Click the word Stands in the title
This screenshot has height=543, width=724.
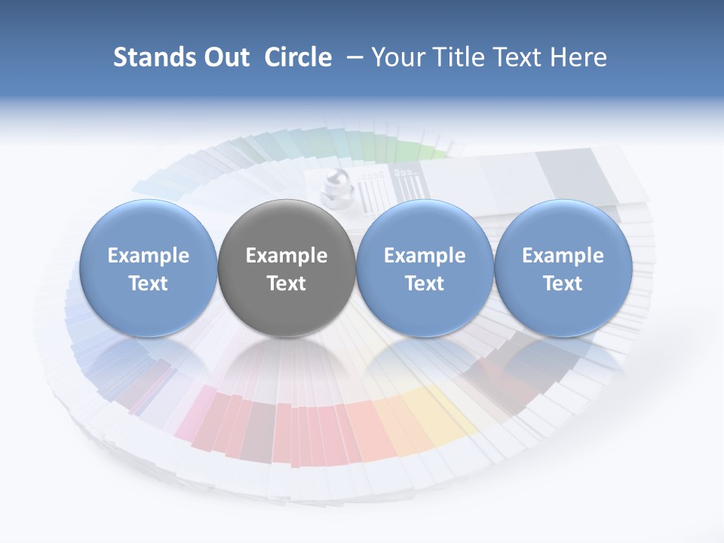(x=154, y=57)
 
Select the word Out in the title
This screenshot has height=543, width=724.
(x=226, y=57)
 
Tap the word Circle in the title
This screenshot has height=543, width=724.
(x=298, y=57)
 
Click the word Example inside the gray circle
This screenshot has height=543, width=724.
(x=287, y=256)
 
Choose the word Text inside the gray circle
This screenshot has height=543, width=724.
(x=287, y=284)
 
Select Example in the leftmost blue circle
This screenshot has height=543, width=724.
(x=149, y=256)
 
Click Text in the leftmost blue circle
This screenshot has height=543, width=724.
(x=149, y=284)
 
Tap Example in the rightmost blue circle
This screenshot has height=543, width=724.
(x=563, y=256)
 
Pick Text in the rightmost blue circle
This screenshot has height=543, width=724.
(x=563, y=284)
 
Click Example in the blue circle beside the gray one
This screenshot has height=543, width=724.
(x=425, y=256)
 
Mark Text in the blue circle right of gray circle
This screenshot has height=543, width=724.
(x=425, y=284)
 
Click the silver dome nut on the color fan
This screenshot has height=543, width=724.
(x=333, y=186)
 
